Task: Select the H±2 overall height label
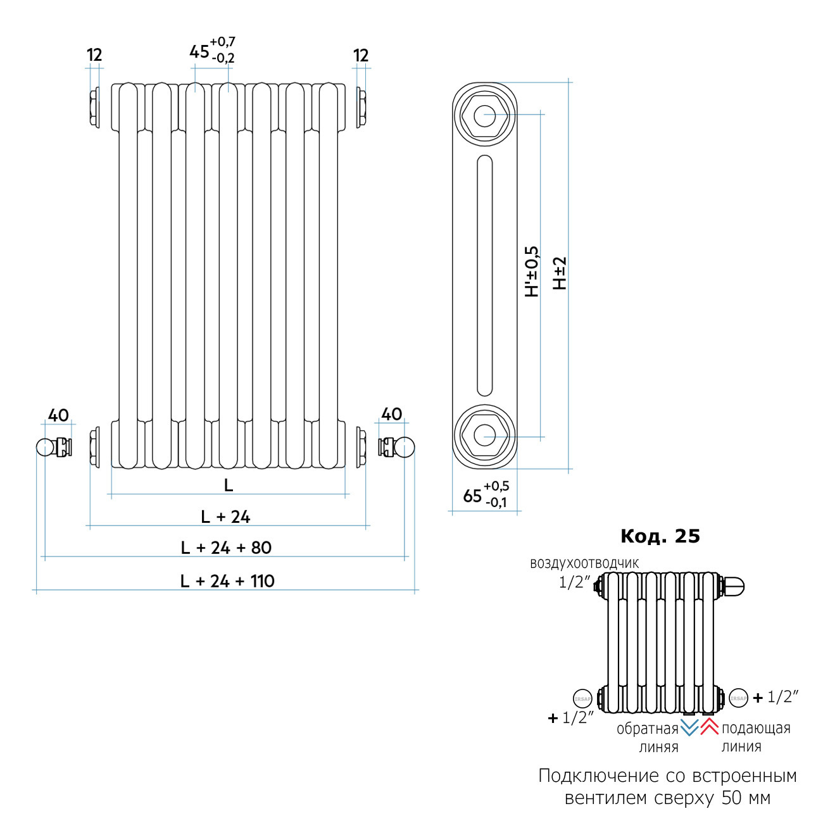click(x=560, y=273)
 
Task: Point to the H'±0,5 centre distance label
click(x=532, y=272)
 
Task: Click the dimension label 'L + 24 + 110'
click(x=227, y=581)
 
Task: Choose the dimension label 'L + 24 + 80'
click(x=226, y=548)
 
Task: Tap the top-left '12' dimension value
click(x=94, y=56)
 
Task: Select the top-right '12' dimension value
click(x=361, y=56)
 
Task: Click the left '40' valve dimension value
click(x=58, y=416)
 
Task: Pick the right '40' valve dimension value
click(x=392, y=415)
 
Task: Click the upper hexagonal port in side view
click(x=484, y=116)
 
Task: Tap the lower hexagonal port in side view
click(x=484, y=436)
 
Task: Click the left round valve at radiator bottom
click(x=46, y=447)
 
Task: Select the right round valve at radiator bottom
click(x=405, y=447)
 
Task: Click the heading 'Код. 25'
click(x=660, y=536)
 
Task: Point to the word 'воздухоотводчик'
click(x=584, y=563)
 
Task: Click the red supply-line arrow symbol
click(x=709, y=727)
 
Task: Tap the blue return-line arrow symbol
click(x=689, y=727)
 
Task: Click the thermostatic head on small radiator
click(x=734, y=586)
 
